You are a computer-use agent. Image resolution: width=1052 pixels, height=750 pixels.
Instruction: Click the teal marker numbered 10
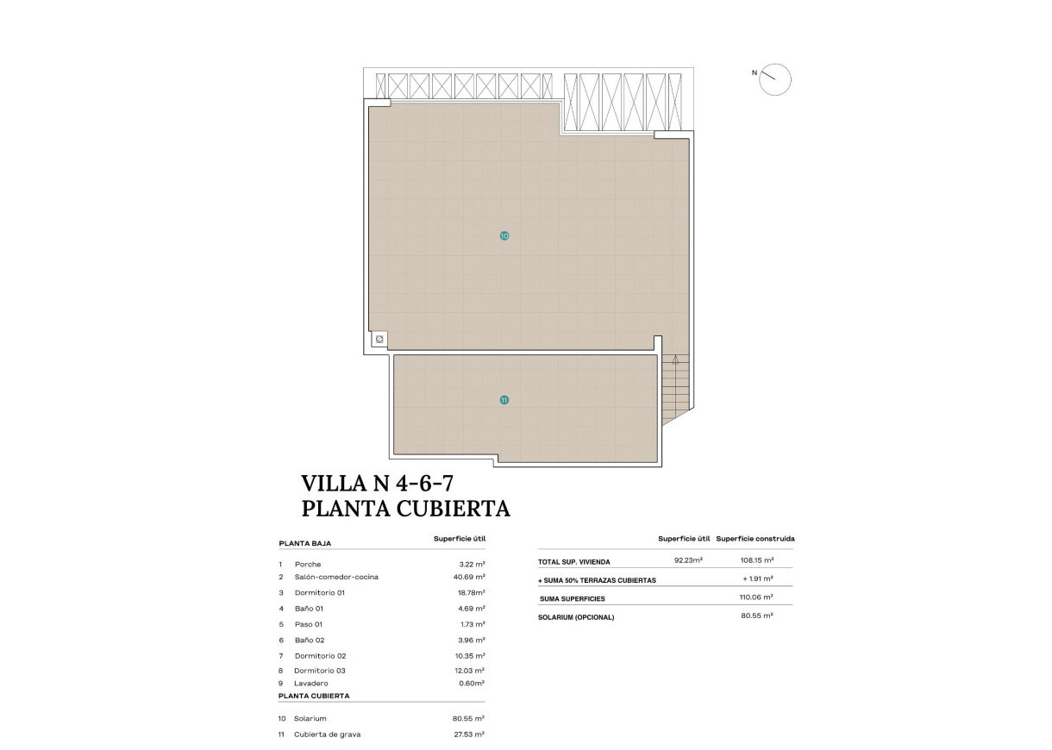(x=504, y=235)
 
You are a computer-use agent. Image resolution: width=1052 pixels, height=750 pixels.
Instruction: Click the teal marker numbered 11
(x=504, y=400)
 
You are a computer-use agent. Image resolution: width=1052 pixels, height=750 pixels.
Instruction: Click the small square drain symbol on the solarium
(x=379, y=340)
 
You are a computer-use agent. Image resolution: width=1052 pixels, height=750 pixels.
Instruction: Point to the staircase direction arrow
(x=675, y=360)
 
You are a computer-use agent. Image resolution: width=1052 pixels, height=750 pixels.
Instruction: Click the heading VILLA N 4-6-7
(x=378, y=483)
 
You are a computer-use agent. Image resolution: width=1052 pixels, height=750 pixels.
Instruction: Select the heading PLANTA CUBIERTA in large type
(x=405, y=509)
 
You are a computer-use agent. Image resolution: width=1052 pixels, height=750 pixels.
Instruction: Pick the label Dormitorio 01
(x=319, y=592)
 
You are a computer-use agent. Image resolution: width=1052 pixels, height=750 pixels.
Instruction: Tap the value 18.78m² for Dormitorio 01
(x=469, y=592)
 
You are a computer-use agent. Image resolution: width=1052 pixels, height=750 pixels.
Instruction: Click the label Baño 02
(x=309, y=640)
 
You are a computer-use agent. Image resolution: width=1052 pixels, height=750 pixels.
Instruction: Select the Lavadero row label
(x=312, y=683)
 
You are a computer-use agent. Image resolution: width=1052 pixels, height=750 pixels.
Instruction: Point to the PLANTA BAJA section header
(x=304, y=544)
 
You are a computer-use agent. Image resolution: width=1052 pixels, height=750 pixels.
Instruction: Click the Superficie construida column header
(x=755, y=539)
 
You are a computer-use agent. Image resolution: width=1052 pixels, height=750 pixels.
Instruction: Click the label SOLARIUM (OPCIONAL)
(x=576, y=617)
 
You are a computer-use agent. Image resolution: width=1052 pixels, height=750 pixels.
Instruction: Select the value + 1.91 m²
(x=757, y=579)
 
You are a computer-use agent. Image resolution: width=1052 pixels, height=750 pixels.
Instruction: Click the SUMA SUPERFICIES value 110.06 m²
(x=757, y=597)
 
